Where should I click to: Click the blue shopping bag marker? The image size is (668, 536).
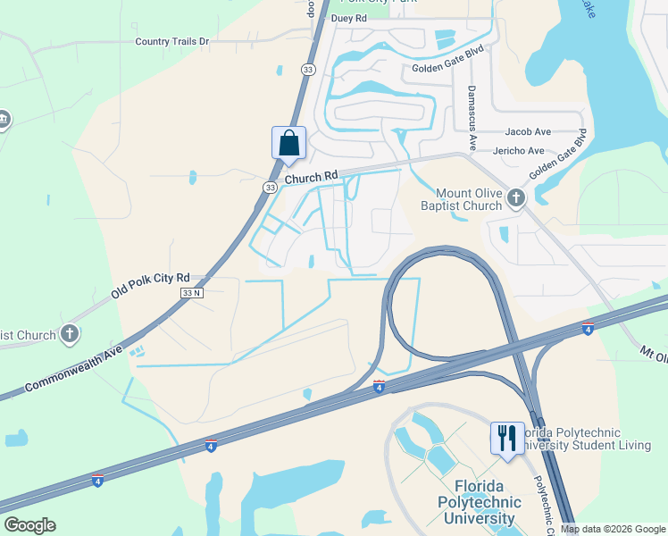(288, 143)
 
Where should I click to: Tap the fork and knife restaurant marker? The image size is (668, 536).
(506, 438)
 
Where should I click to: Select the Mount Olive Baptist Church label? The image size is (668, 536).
(469, 199)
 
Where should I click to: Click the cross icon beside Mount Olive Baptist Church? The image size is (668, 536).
(516, 198)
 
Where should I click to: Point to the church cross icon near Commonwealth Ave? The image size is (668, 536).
(70, 335)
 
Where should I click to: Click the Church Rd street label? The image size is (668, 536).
(313, 178)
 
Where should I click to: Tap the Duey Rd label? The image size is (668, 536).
(348, 18)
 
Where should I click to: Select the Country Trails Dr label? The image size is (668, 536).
(171, 41)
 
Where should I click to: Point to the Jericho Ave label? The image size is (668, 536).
(524, 151)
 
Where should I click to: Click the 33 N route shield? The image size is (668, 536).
(192, 293)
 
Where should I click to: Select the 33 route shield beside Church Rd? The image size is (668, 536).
(270, 188)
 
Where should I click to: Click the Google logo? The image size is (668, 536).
(29, 525)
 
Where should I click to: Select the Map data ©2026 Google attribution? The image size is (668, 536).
(612, 529)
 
